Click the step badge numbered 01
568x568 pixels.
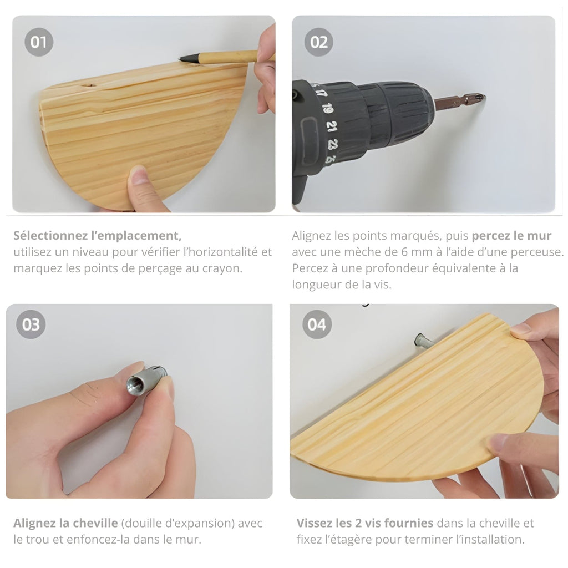point(39,42)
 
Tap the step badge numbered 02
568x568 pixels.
point(319,42)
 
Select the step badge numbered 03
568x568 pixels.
point(31,324)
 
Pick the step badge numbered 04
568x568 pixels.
point(317,324)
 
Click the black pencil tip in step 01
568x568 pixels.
point(182,58)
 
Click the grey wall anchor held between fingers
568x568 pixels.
point(146,379)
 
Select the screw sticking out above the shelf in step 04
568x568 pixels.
point(422,341)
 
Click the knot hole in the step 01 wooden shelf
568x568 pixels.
point(88,86)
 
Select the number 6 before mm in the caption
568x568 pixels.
point(404,252)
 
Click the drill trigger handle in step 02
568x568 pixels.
point(300,190)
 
